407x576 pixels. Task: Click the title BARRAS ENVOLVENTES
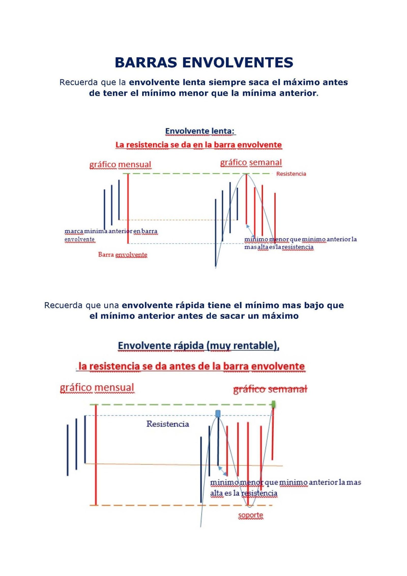coord(204,63)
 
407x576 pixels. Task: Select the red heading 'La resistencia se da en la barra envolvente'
coord(198,145)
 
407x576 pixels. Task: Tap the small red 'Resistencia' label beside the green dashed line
coord(291,174)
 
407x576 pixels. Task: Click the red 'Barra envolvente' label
coord(123,255)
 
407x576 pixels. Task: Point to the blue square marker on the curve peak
coord(218,413)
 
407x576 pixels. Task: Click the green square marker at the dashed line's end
coord(274,404)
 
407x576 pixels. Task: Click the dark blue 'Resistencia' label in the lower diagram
coord(168,424)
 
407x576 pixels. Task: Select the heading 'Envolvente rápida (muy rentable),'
coord(199,346)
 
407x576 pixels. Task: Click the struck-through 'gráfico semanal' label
coord(270,389)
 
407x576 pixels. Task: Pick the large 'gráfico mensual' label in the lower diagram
coord(97,388)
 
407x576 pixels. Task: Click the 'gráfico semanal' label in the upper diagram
coord(251,162)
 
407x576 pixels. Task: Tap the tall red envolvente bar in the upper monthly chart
coord(128,209)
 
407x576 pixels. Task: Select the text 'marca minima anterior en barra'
coord(111,231)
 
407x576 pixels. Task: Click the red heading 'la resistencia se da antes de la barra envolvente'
coord(191,366)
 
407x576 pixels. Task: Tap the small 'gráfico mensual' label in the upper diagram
coord(120,165)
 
